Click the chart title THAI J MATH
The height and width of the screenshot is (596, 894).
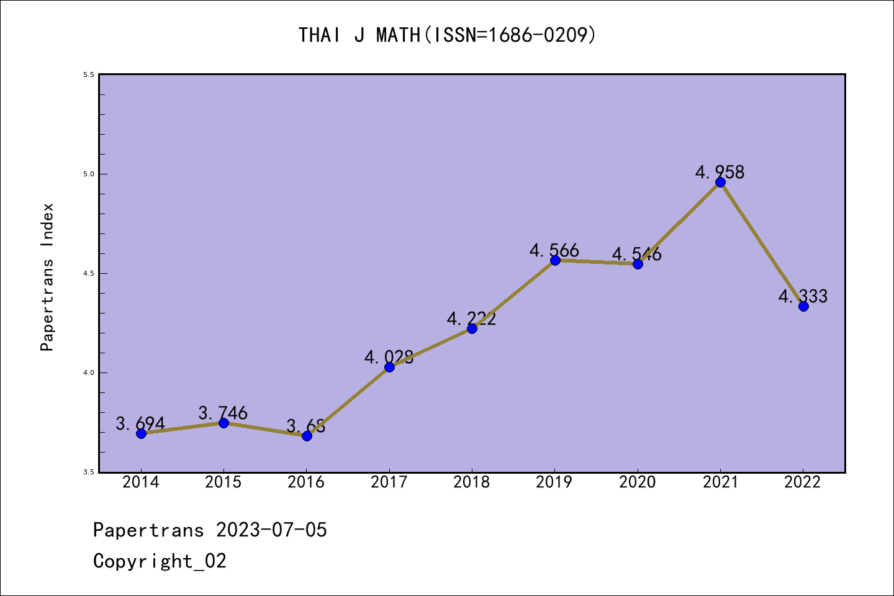(447, 35)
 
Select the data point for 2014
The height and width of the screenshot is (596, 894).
(141, 433)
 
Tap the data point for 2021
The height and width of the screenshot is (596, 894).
(720, 182)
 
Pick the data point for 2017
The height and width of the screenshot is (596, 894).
(389, 367)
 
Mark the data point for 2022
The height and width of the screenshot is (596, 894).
(803, 306)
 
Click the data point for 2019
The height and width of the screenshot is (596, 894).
(555, 260)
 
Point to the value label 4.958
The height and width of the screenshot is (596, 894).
(720, 172)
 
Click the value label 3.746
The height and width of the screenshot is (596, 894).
(223, 413)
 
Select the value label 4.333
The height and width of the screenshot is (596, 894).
(803, 296)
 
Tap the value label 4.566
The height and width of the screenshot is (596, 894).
(554, 250)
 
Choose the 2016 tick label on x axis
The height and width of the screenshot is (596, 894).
(306, 482)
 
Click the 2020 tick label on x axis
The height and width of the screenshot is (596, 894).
(637, 482)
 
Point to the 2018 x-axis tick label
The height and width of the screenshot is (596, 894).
(471, 482)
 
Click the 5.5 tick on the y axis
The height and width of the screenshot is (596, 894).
(89, 74)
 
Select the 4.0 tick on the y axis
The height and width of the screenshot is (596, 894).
(89, 372)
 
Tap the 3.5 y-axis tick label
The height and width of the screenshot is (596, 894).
(89, 472)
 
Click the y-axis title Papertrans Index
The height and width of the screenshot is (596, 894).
(48, 277)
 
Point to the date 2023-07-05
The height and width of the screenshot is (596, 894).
(271, 530)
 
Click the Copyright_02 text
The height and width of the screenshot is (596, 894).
(160, 561)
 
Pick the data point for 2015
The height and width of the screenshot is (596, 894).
(223, 423)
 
